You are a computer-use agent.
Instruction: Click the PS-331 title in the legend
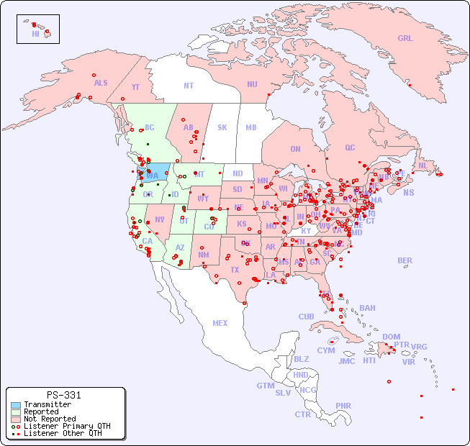pos(63,396)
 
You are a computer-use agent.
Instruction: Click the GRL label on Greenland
pos(405,38)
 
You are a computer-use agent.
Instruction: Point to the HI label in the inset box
pos(35,34)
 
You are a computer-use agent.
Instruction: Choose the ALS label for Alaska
pos(101,83)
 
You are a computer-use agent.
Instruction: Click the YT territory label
pos(135,87)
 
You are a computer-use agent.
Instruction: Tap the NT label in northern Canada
pos(188,86)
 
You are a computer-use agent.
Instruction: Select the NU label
pos(252,84)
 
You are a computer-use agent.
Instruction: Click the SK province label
pos(222,127)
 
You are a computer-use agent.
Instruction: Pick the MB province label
pos(250,127)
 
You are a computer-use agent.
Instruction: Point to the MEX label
pos(220,323)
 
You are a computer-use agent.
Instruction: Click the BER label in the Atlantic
pos(405,260)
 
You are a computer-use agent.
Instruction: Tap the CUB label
pos(306,317)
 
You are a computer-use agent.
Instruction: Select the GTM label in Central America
pos(265,386)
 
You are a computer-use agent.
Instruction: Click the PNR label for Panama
pos(343,406)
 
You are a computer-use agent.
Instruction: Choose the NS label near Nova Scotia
pos(408,192)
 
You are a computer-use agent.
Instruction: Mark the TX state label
pos(234,270)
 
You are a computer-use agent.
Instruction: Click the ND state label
pos(238,173)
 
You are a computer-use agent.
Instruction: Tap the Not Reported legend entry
pos(49,419)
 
